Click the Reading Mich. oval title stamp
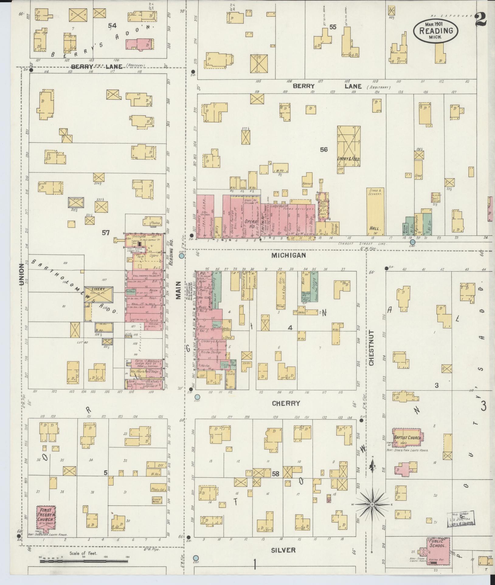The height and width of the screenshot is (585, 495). click(435, 31)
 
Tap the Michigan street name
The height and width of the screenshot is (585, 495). click(289, 255)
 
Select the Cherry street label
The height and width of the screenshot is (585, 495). click(286, 403)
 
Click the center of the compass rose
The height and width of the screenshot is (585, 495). click(372, 505)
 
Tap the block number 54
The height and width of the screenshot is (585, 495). click(112, 26)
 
